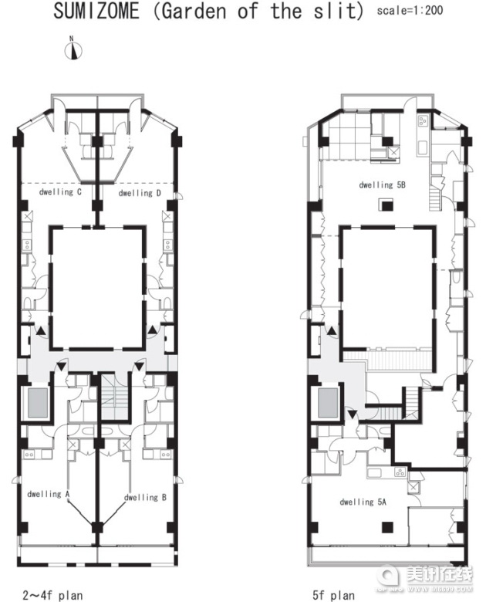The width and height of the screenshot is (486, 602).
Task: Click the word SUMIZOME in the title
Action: coord(96,11)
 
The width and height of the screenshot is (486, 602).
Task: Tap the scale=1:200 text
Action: coord(410,10)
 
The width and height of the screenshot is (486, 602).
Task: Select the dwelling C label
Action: coord(60,191)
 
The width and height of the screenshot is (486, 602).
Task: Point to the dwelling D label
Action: coord(140,193)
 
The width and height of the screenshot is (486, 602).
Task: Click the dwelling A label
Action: coord(48,494)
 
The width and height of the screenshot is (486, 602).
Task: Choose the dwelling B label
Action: coord(145,497)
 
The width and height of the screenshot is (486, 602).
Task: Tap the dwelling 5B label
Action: coord(382,184)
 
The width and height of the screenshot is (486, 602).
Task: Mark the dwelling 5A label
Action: coord(363,502)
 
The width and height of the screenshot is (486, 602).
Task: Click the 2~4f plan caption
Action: coord(52,595)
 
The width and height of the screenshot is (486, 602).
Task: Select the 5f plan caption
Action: coord(333,595)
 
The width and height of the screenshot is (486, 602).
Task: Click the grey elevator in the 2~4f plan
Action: coord(38,403)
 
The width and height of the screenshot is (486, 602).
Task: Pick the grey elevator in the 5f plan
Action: coord(328,403)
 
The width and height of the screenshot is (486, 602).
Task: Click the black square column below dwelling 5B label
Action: coord(387,205)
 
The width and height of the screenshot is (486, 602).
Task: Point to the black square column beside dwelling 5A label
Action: coord(388,528)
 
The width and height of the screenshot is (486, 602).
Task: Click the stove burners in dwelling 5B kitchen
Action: coord(423,121)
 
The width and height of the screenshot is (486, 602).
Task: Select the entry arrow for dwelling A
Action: coord(61,366)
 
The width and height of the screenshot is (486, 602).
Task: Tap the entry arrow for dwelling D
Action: coord(153,329)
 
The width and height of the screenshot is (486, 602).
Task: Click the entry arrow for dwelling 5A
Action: coord(352,414)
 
